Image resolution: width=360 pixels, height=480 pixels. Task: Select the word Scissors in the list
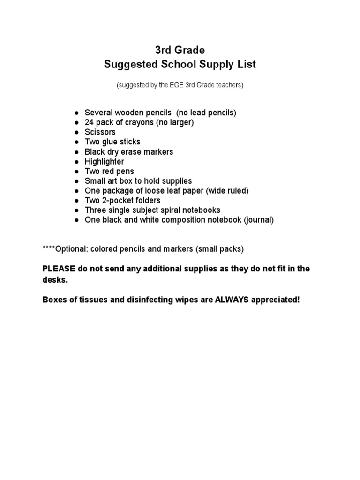[100, 132]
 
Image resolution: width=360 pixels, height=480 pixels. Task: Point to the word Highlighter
[104, 161]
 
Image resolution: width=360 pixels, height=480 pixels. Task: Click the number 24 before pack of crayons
[89, 122]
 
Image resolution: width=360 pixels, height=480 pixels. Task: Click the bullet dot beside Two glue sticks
[76, 142]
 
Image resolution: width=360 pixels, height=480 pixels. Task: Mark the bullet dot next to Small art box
[76, 181]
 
